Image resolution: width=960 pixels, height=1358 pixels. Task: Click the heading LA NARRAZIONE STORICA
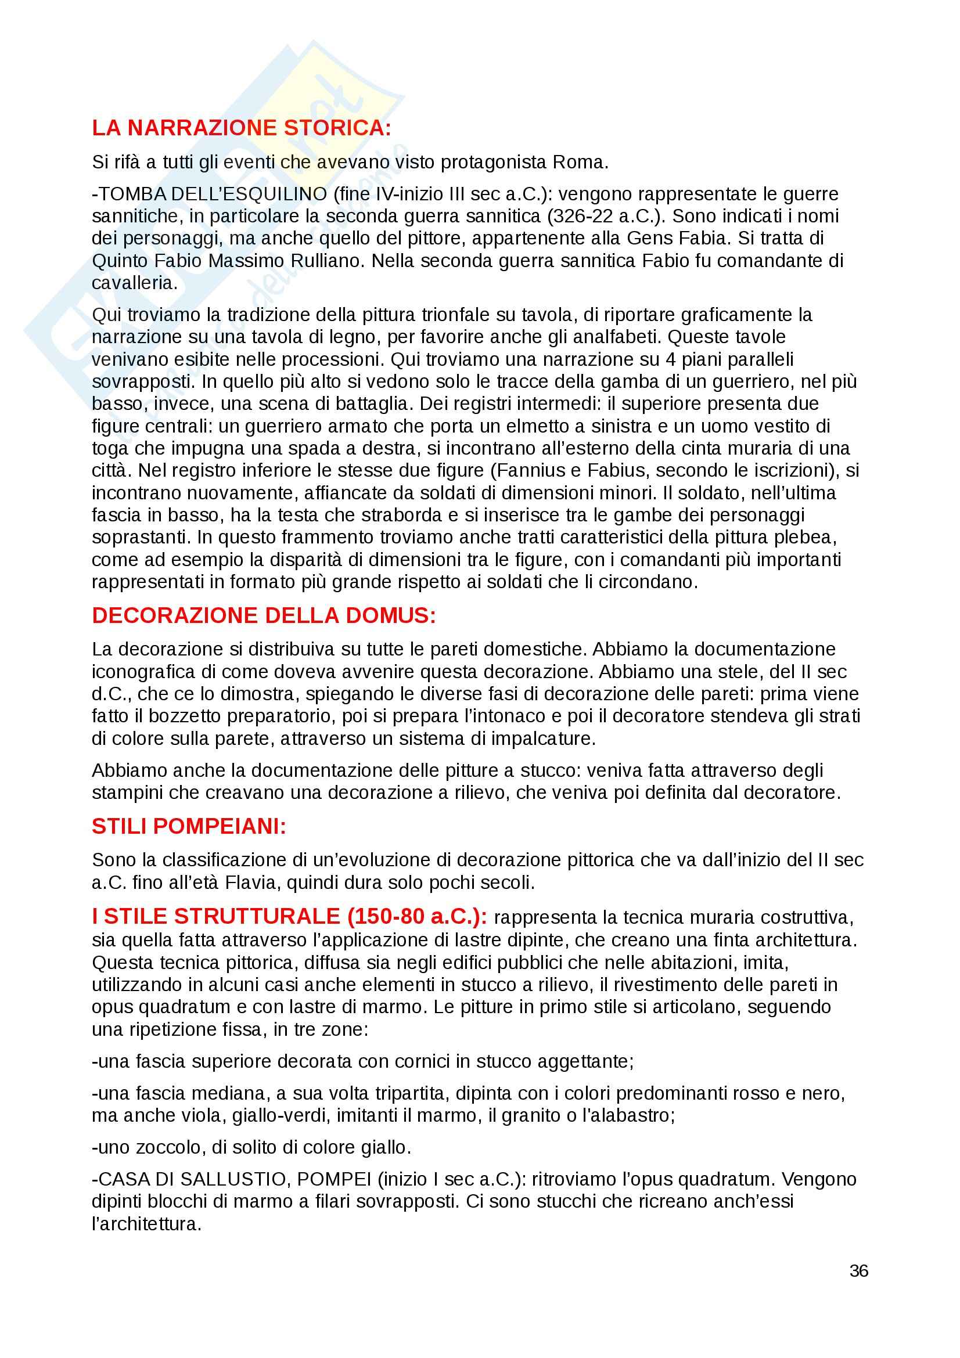click(242, 128)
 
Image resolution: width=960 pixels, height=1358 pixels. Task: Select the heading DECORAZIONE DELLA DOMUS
click(264, 615)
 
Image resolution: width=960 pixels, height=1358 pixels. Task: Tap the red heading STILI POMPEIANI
click(189, 826)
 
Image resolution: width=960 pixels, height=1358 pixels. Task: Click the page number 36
click(859, 1271)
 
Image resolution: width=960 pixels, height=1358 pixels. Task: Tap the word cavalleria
click(134, 283)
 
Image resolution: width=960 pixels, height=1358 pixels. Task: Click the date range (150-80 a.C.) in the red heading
click(417, 917)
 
